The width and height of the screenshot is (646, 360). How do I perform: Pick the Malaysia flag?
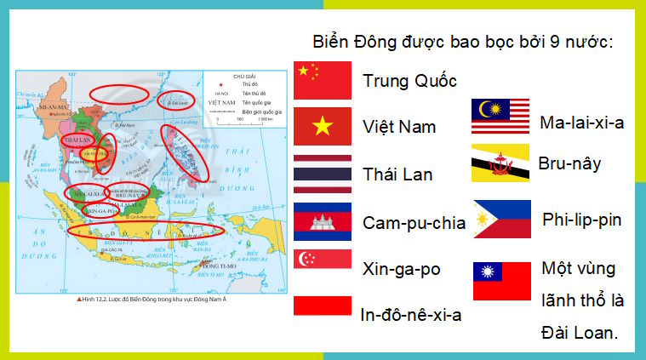pos(501,117)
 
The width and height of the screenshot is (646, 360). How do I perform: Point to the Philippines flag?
pos(501,220)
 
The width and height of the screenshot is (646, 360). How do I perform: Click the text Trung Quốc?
pos(409,81)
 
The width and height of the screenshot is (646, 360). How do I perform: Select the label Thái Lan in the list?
pos(397,174)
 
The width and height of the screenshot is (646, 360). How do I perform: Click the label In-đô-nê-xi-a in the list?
pos(412,315)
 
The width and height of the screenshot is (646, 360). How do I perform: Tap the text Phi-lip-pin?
pos(581,220)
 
